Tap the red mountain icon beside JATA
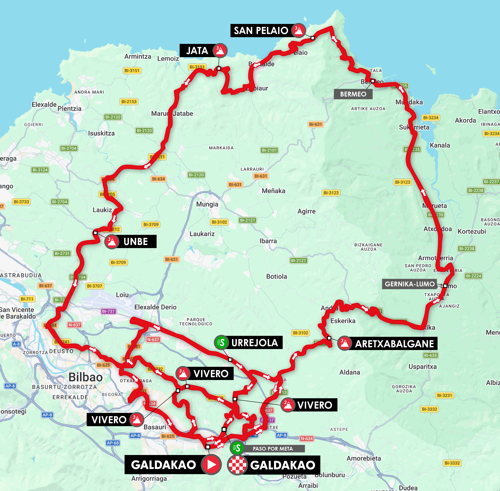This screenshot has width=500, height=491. click(x=220, y=50)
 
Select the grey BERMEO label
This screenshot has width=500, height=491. click(x=353, y=94)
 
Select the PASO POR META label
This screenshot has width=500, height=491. click(x=273, y=449)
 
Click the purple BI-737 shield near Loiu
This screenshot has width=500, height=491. click(x=108, y=311)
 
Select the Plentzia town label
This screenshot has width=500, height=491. click(x=69, y=109)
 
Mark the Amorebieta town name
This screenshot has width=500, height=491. click(x=364, y=458)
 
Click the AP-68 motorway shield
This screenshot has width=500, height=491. click(x=113, y=443)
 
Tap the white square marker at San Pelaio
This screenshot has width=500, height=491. click(x=313, y=38)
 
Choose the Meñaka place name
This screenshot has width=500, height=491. click(x=273, y=191)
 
